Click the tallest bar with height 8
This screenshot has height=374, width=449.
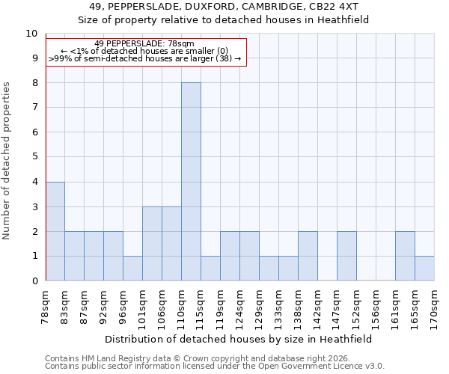(x=191, y=182)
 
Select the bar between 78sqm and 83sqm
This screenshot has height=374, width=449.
(x=55, y=231)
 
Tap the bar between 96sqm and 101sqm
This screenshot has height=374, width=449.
(x=132, y=269)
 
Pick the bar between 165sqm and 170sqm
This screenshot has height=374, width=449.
(x=424, y=269)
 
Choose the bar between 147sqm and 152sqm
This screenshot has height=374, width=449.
(x=346, y=256)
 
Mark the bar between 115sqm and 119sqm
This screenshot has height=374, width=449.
(x=210, y=269)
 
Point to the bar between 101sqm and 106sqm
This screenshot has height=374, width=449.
(x=152, y=244)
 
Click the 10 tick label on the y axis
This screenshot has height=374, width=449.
(x=31, y=34)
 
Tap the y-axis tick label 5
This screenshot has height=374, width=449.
(x=34, y=157)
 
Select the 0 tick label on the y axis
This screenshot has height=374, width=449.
(x=34, y=281)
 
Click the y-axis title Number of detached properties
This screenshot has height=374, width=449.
(x=7, y=161)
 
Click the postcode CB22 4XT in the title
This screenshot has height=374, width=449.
(x=332, y=7)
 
